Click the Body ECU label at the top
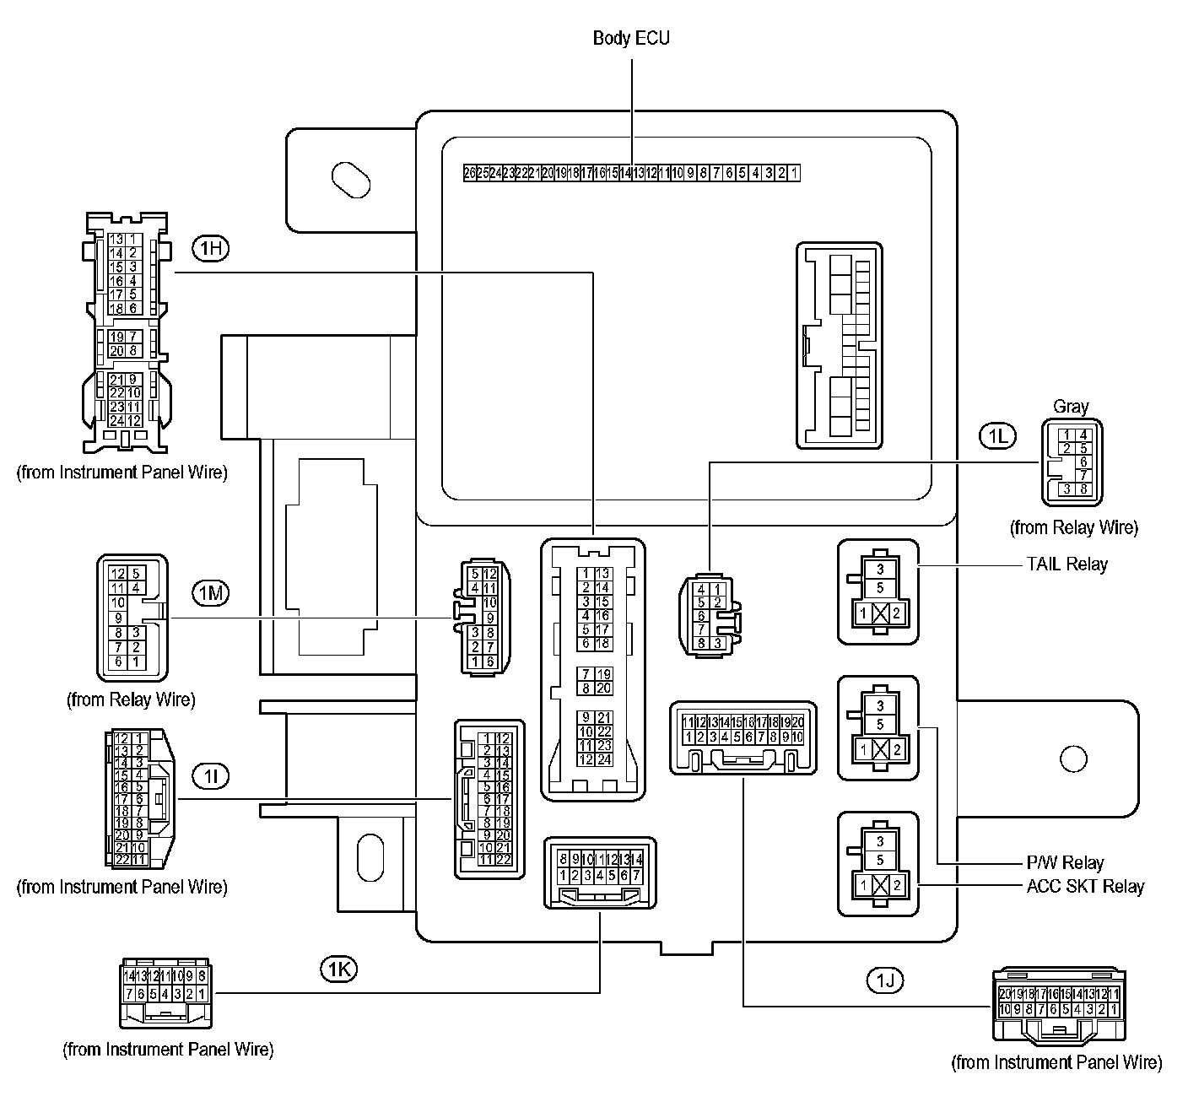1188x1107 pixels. coord(631,38)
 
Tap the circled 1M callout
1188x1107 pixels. coord(210,592)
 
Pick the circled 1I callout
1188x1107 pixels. coord(210,775)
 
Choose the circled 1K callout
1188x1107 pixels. coord(338,969)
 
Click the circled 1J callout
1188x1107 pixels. coord(884,980)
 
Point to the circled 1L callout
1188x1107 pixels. coord(997,435)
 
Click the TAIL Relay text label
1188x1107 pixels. coord(1066,564)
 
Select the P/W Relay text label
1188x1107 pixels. coord(1065,863)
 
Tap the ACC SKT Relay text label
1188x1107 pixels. coord(1085,887)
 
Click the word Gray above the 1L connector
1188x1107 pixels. coord(1071,407)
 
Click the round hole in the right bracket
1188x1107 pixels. coord(1074,759)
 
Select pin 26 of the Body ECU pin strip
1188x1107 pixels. coord(470,173)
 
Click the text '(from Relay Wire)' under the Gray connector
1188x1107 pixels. coord(1074,528)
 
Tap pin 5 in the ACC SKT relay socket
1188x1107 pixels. coord(880,861)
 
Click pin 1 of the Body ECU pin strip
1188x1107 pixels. coord(795,173)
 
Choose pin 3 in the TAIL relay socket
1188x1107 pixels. coord(880,570)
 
